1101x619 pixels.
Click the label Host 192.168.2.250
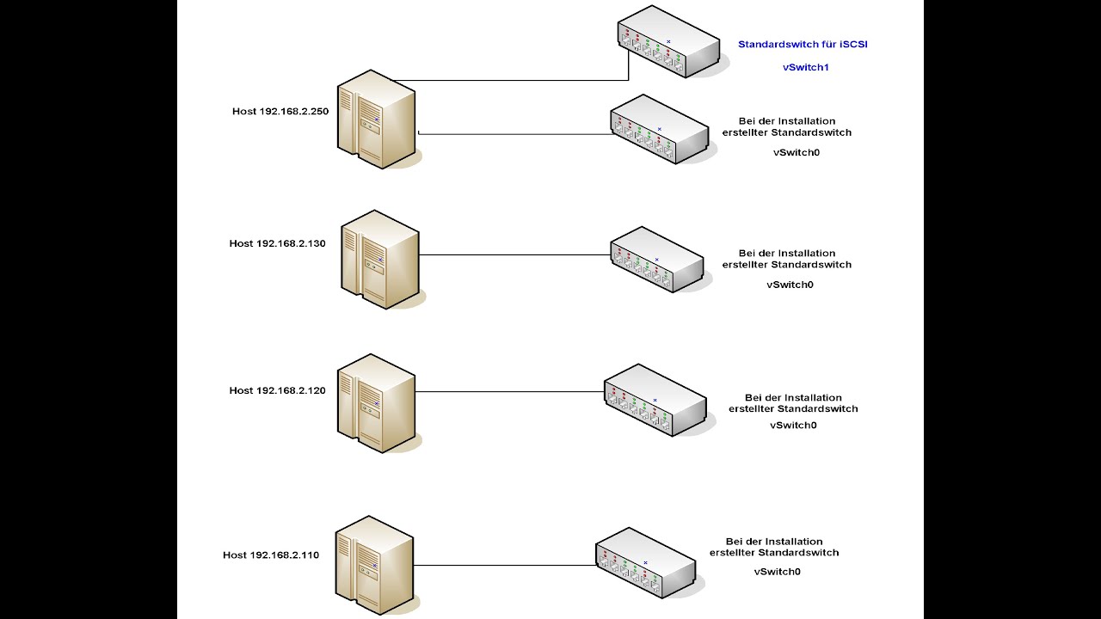point(280,112)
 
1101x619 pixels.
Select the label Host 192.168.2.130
point(277,243)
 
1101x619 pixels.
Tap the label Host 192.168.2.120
point(277,390)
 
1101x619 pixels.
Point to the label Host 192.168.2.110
point(271,555)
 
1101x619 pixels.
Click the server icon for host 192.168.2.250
point(377,120)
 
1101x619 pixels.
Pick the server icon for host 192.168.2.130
point(380,260)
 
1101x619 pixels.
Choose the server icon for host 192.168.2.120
point(377,403)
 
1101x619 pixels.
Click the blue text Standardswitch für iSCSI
point(803,44)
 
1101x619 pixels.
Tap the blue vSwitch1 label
point(806,67)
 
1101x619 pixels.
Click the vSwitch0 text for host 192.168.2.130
point(790,285)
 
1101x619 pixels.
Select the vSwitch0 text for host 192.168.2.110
point(777,572)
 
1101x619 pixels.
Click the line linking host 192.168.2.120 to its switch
point(510,391)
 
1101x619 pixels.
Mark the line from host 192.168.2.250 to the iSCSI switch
point(511,80)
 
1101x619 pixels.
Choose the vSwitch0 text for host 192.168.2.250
point(797,153)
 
